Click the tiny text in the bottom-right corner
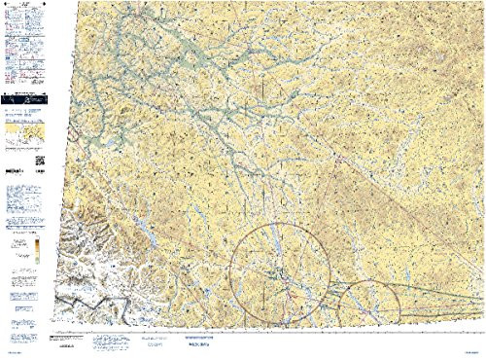(x=470, y=352)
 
